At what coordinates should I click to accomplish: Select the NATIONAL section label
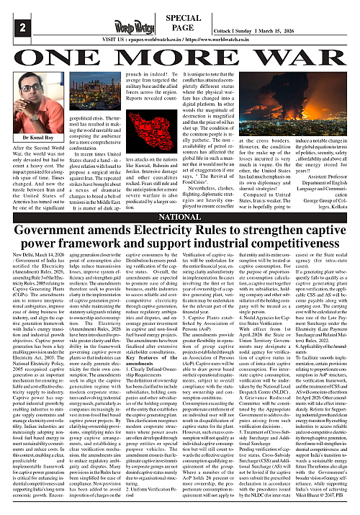pos(179,216)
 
